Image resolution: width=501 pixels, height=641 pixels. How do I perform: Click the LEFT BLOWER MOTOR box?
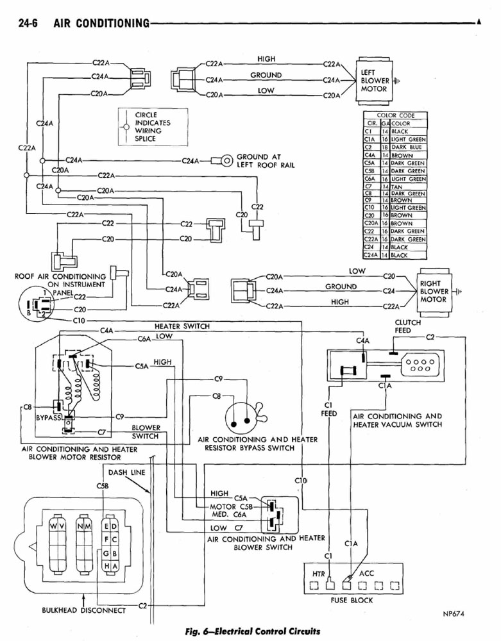coord(374,81)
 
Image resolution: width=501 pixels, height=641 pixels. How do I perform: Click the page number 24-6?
coord(29,24)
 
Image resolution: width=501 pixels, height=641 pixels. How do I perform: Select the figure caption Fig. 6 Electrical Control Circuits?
coord(250,629)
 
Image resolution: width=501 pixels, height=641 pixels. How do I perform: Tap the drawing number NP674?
coord(453,613)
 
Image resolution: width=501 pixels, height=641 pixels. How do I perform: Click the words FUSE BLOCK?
coord(352,601)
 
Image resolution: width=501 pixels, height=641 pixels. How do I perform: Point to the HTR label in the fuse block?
coord(319,572)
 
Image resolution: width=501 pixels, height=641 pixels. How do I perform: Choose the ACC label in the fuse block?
coord(366,572)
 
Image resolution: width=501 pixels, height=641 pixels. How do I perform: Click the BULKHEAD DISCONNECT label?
coord(83,610)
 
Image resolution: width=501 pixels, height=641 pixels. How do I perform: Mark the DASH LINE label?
coord(126,472)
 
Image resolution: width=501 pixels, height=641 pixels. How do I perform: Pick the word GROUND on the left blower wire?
coord(266,75)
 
